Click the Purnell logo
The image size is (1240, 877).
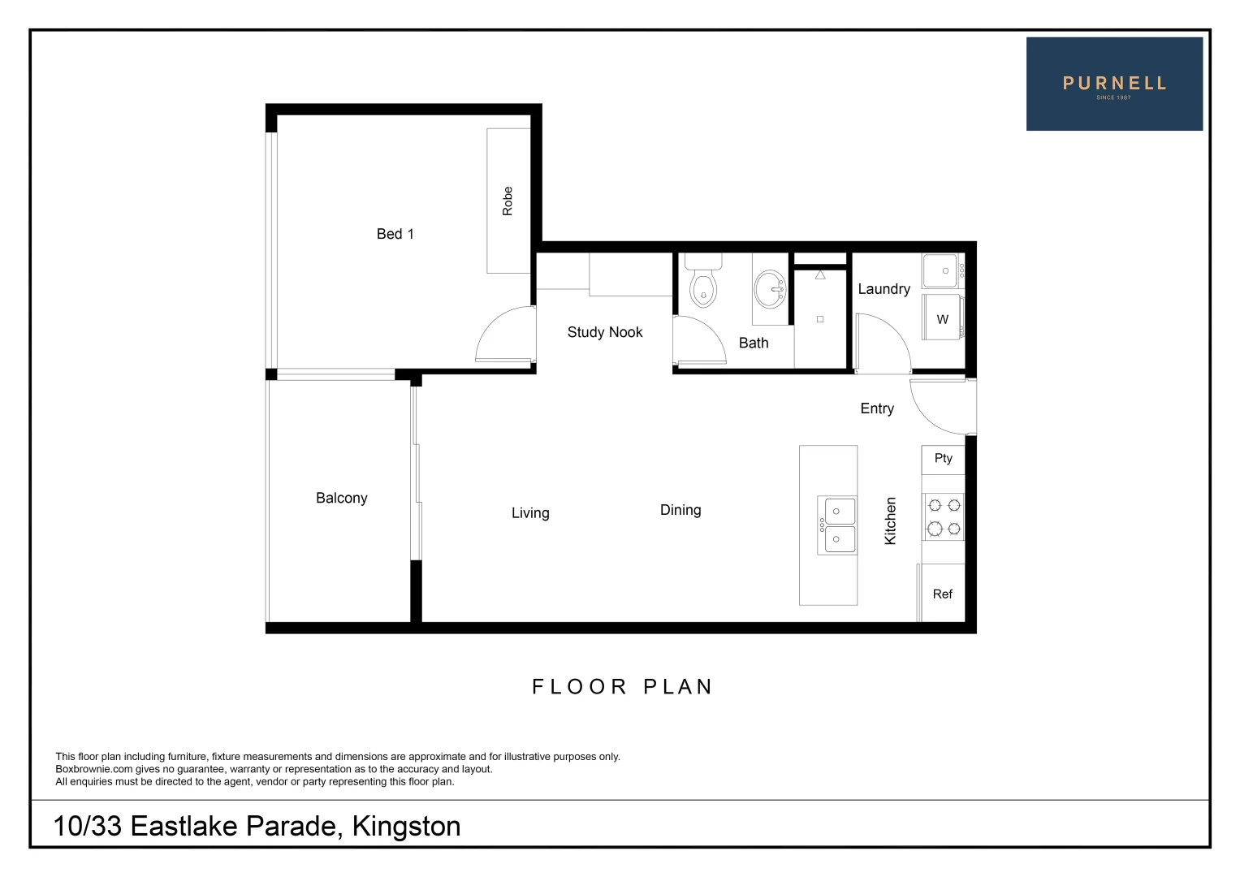(1113, 84)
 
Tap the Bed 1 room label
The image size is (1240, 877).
(395, 234)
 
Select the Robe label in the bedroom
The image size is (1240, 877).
(508, 201)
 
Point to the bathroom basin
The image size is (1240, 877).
(770, 287)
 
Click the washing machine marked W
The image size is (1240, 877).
(943, 318)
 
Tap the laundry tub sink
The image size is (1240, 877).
(944, 270)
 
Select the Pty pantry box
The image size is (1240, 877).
(943, 459)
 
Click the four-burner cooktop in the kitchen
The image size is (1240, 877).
(944, 517)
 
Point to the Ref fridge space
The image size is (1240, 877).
(943, 594)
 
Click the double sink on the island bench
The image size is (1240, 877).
(837, 525)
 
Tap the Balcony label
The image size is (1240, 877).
(341, 498)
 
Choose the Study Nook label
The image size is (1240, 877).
(604, 332)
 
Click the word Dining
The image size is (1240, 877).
(680, 510)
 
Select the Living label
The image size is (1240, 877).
(530, 513)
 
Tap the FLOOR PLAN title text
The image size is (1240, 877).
(622, 687)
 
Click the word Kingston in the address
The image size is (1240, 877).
(406, 827)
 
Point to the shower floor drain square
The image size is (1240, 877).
(820, 319)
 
